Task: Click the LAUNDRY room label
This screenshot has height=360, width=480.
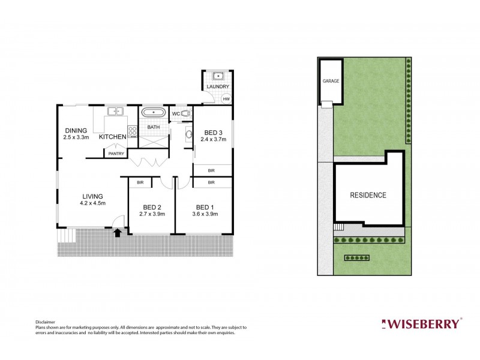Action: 217,86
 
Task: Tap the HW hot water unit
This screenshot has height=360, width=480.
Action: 226,99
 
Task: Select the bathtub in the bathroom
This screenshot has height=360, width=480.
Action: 154,112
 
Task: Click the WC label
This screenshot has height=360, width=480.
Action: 176,114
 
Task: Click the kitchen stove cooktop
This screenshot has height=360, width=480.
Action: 132,131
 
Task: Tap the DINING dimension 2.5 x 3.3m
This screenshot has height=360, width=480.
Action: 76,137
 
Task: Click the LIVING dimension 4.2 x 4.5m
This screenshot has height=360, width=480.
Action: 93,203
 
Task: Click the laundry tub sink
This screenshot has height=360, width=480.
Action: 217,76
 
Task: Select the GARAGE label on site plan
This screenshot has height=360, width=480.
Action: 331,80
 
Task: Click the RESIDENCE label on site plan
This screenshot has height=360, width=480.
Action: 368,195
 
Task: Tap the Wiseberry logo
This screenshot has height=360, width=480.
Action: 422,324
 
